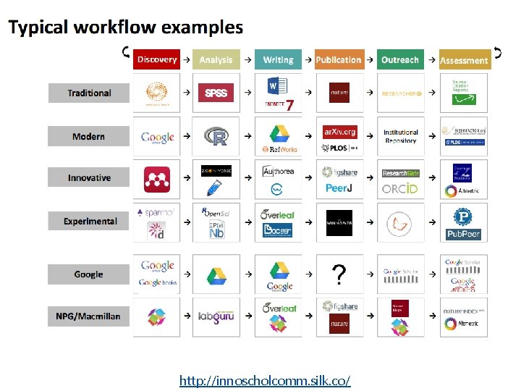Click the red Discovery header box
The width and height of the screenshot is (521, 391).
click(156, 59)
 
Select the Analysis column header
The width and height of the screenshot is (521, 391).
click(216, 60)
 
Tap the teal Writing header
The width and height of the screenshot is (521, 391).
click(278, 60)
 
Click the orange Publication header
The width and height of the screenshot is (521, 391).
click(339, 60)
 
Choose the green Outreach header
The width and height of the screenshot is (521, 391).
click(400, 60)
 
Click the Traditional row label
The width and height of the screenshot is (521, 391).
click(89, 93)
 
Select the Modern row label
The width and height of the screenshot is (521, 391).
click(89, 136)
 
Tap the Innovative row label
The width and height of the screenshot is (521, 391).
click(89, 178)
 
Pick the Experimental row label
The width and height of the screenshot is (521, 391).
click(89, 221)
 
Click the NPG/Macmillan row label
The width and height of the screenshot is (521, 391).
click(89, 316)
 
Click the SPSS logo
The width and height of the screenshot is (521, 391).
click(216, 93)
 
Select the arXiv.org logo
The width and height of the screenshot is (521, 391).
click(340, 132)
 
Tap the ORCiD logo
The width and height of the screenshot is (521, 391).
click(400, 189)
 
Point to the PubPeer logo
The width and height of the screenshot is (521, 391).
click(464, 235)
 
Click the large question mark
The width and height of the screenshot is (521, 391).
click(339, 275)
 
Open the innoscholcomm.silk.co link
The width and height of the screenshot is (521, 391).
click(265, 380)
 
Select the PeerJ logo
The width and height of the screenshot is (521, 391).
click(339, 188)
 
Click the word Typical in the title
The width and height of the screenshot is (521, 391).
click(39, 28)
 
